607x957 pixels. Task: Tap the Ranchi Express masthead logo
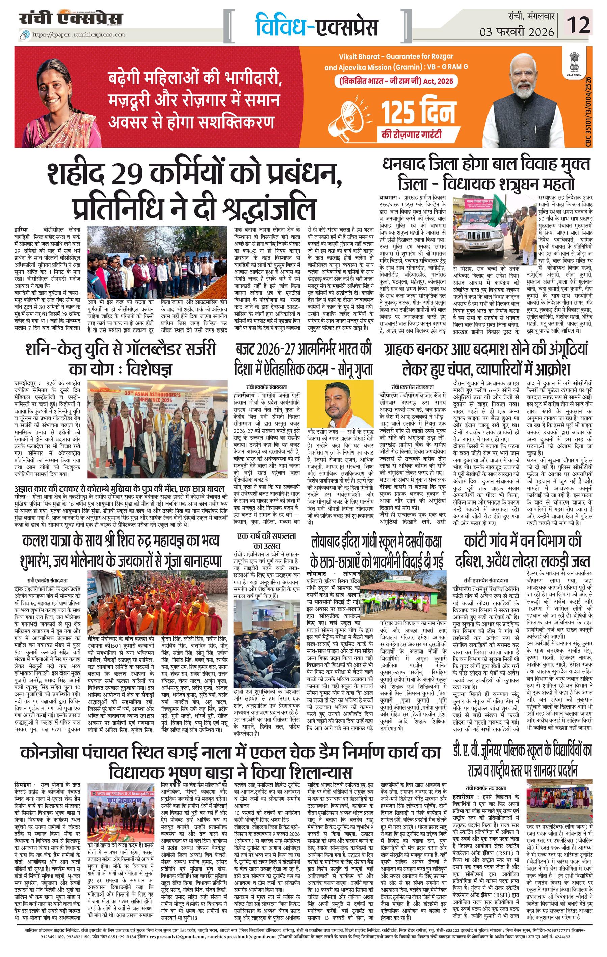[x=71, y=19]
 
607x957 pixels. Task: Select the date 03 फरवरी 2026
[x=517, y=32]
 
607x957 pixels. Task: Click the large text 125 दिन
[x=418, y=113]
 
